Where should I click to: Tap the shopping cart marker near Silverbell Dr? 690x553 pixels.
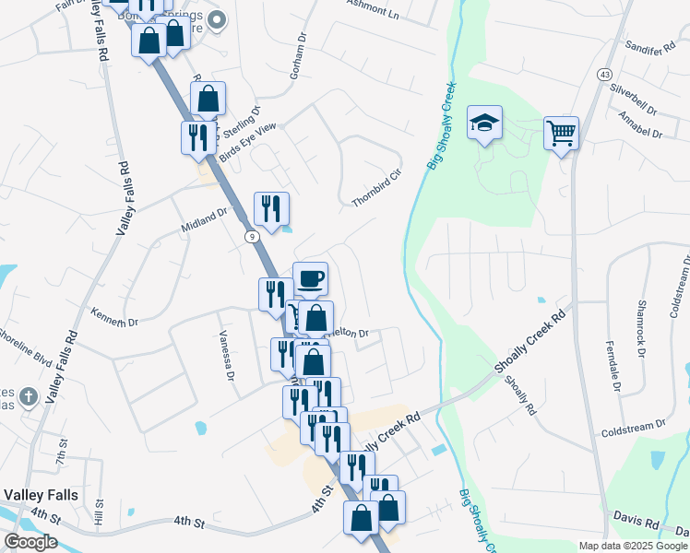560,133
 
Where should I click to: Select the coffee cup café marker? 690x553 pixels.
310,278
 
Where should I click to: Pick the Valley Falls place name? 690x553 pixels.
40,495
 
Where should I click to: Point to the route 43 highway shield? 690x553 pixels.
604,74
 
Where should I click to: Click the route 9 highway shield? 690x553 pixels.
251,237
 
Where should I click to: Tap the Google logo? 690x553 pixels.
30,542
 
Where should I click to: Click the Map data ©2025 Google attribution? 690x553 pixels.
632,546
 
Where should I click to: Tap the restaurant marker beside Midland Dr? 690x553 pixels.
271,208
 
